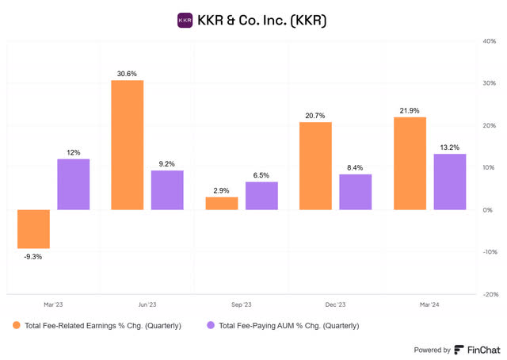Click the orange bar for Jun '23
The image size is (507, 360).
[127, 145]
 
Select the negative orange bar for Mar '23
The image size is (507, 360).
[33, 229]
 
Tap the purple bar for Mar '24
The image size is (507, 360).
[449, 182]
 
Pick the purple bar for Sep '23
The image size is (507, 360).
[261, 196]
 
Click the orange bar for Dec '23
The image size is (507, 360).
[315, 166]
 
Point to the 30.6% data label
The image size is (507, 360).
[127, 73]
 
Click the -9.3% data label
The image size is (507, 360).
[33, 256]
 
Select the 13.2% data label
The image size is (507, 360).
[449, 147]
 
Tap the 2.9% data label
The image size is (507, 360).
[221, 190]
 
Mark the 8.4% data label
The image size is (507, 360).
[356, 167]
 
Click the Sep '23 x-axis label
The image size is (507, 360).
[241, 305]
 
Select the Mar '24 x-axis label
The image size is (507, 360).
[429, 305]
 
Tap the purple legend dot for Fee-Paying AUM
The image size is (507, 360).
[210, 326]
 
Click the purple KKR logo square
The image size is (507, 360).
[185, 19]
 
